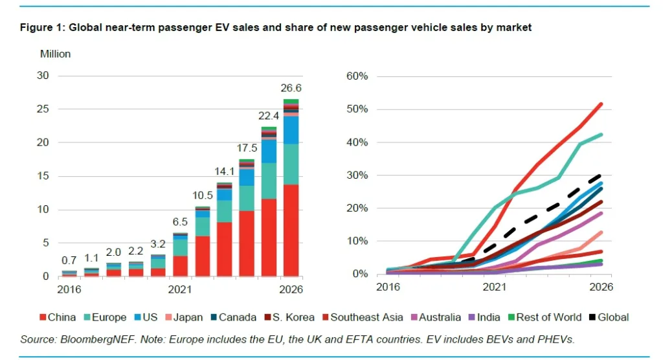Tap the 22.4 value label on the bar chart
coord(269,117)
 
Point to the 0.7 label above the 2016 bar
coord(68,260)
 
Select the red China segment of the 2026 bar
coord(291,231)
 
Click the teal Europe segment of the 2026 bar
coord(291,164)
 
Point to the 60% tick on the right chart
coord(356,76)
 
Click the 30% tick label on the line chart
coord(356,175)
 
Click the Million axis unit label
coord(56,54)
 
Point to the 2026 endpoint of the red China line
coord(602,104)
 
